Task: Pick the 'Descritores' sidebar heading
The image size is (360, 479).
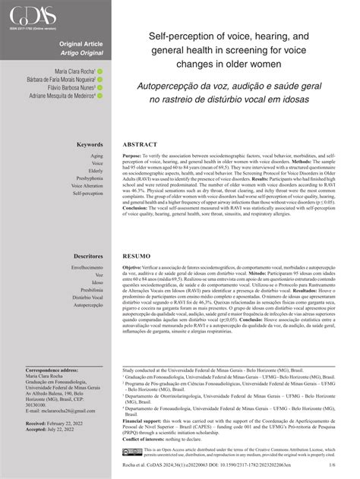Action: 87,257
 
